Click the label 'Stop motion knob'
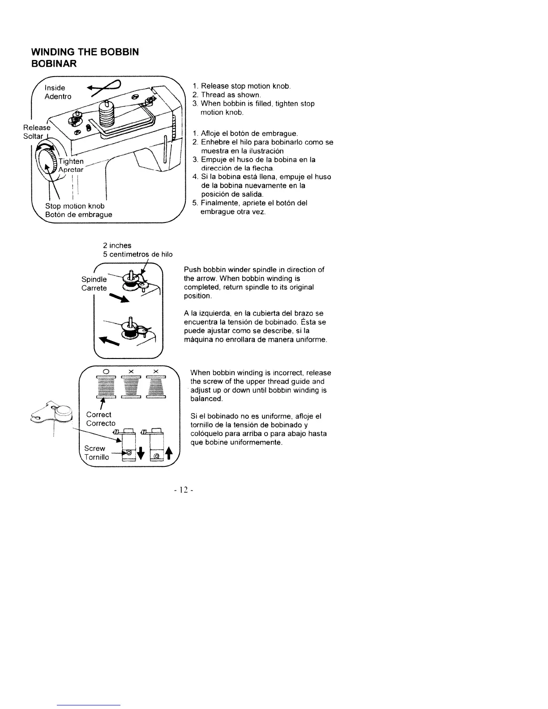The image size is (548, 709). (75, 206)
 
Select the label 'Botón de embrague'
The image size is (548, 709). (78, 214)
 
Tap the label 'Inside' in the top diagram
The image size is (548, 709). (55, 88)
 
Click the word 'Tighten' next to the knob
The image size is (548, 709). (71, 161)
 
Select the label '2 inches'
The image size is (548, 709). (117, 245)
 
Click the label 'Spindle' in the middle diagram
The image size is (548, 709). (94, 279)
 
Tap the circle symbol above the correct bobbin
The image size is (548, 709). (106, 372)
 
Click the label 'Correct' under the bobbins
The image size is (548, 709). (98, 414)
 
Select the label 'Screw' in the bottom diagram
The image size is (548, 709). (94, 448)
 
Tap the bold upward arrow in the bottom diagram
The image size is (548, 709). (168, 453)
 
